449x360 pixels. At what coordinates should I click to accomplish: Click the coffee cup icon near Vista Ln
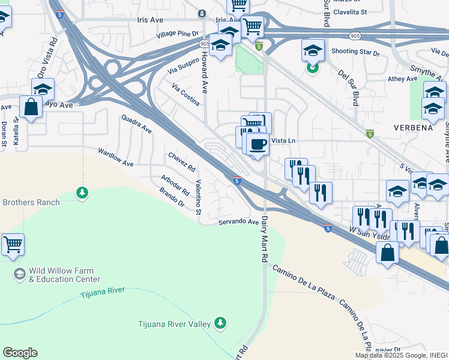[258, 144]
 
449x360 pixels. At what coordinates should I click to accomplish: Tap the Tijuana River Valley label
[175, 324]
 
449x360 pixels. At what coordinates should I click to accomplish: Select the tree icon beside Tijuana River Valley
[221, 323]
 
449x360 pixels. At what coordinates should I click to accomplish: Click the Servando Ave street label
[238, 222]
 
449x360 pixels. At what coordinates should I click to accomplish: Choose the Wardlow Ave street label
[116, 158]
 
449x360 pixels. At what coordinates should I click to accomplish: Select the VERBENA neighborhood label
[414, 128]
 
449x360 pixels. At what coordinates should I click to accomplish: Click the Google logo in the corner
[20, 352]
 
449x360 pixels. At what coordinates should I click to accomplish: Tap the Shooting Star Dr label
[355, 52]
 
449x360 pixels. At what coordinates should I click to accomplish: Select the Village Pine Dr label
[177, 35]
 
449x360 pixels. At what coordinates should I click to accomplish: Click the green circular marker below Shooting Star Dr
[312, 68]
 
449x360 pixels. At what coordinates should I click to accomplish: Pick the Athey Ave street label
[403, 79]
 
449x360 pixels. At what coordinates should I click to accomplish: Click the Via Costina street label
[185, 95]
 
